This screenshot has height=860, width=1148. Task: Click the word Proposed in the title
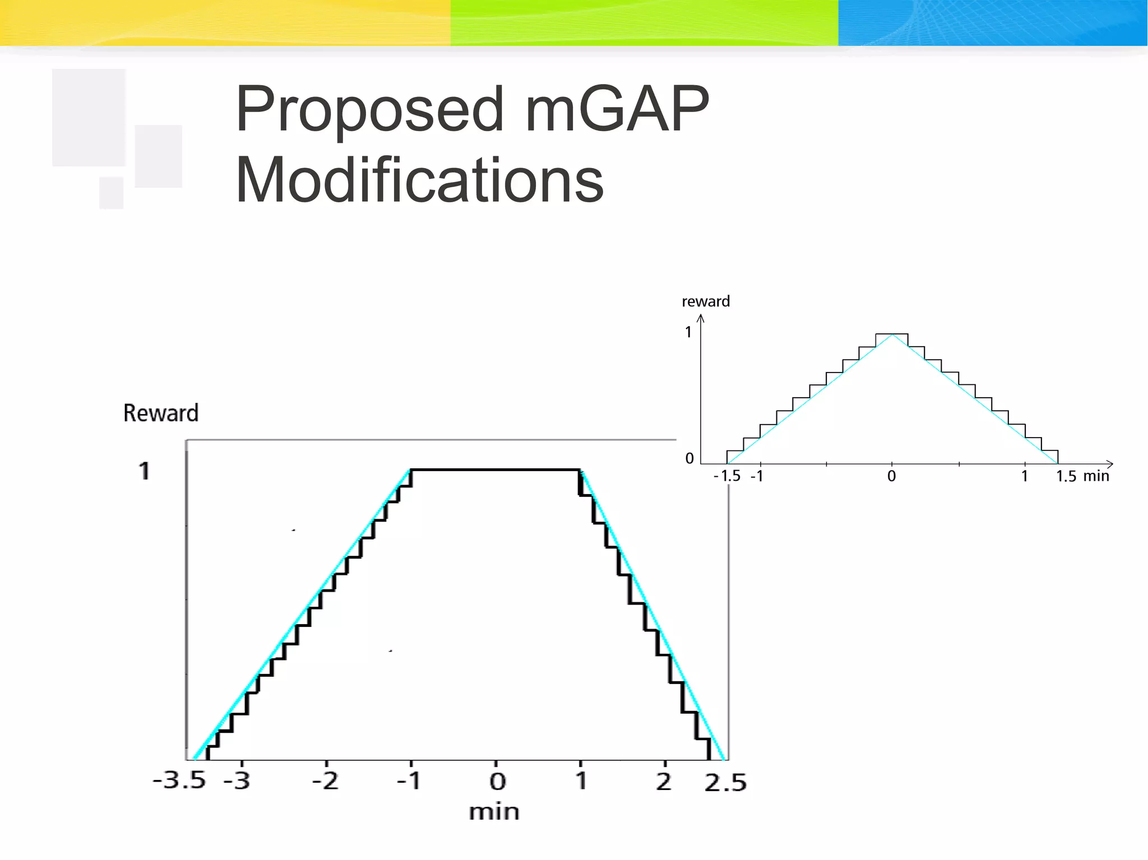coord(370,110)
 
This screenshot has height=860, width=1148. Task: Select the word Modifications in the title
coord(419,180)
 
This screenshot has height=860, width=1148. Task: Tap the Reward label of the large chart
coord(161,413)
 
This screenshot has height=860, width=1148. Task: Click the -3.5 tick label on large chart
coord(179,780)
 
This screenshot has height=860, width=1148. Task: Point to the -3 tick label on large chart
coord(237,780)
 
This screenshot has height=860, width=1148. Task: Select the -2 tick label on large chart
coord(326,780)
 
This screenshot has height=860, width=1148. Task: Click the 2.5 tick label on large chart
coord(725,783)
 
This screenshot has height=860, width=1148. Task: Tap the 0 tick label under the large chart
coord(497,782)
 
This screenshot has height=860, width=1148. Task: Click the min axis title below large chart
coord(494,812)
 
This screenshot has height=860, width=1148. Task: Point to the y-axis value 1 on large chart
coord(144,471)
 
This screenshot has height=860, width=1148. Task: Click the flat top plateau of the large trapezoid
coord(496,469)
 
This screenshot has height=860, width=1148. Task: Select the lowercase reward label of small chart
coord(706,301)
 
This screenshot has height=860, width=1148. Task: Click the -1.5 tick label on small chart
coord(728,476)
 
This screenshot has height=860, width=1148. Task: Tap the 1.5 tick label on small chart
coord(1066,476)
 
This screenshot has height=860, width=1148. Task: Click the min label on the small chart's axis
coord(1096,476)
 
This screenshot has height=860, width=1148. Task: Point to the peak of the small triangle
coord(892,334)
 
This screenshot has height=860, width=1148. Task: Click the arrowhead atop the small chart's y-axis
coord(701,318)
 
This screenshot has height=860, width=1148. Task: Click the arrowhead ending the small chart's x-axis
coord(1110,464)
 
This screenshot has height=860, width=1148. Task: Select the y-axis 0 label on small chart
coord(689,458)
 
